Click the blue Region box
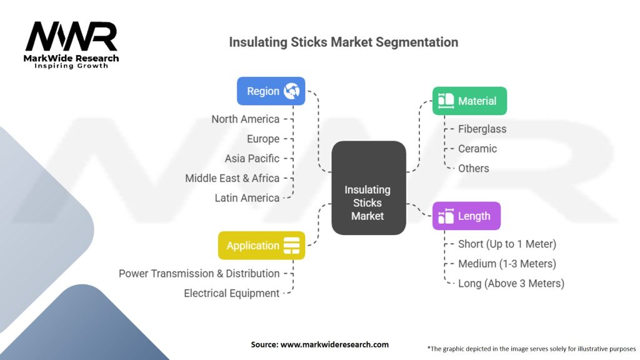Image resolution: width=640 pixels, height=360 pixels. pos(271,91)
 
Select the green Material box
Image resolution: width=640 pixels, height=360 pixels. pos(469,101)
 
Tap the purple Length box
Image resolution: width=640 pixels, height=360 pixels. pos(466,216)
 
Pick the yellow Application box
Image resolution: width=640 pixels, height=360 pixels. pos(261,246)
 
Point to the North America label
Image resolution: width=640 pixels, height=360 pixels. pos(245,119)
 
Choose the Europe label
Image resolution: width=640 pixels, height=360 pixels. pos(263,139)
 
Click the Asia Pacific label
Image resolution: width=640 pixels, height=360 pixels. pos(252,159)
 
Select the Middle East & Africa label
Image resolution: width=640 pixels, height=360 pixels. pos(232,178)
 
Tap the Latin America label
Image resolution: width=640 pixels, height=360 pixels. pos(247,198)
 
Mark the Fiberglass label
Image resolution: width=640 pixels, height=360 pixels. pos(482,129)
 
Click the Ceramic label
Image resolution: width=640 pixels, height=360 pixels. pos(477,149)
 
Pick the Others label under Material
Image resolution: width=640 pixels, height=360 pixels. pos(474,168)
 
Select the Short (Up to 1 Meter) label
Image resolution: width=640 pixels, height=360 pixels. pos(507,244)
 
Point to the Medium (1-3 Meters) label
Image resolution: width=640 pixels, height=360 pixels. pos(507,264)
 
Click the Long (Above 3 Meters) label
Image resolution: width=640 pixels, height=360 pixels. pos(511,283)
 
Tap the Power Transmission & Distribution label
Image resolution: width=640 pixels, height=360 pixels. pos(199,274)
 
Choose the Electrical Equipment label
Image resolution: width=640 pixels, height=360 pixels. pos(231,293)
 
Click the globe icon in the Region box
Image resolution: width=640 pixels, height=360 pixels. pos(291,91)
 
